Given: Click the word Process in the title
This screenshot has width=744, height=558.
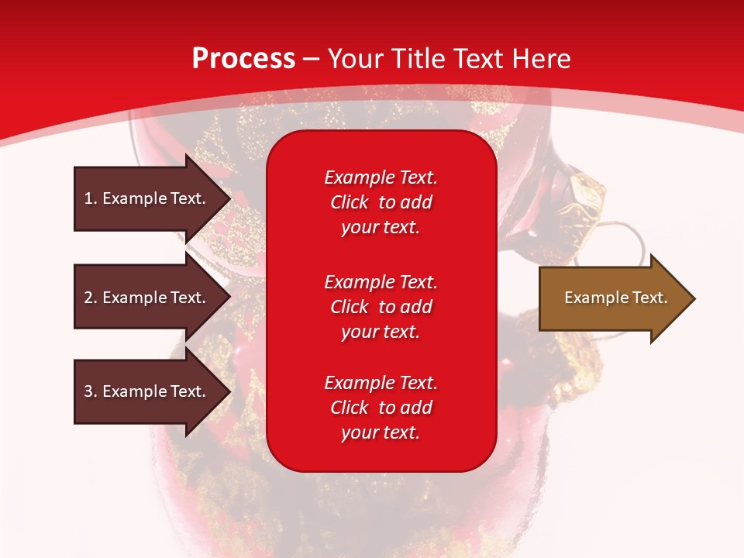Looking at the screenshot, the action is pos(243,59).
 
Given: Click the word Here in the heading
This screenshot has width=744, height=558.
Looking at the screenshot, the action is pos(541,59).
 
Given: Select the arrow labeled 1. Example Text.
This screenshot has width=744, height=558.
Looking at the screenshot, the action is pos(153,198).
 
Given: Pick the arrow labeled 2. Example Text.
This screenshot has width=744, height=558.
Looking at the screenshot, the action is pos(153,297).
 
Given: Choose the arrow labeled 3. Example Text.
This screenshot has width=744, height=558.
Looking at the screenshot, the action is pos(153,391).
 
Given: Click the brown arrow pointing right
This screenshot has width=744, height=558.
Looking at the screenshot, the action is pos(618,298).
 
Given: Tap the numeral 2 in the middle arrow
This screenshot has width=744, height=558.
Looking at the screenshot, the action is pos(89,298).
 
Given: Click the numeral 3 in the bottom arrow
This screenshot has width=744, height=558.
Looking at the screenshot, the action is pos(89,391).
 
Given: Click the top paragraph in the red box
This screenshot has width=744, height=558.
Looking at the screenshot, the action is pos(381,202).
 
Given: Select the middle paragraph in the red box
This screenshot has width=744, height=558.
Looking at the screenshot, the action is pos(381,307).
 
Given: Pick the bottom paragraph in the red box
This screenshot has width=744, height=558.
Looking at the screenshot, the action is pos(381,408).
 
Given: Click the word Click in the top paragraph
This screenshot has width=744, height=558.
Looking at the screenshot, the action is pos(350,202).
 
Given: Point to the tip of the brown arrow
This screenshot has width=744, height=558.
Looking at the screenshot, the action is pos(695,298).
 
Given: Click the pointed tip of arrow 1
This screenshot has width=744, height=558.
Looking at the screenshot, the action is pos(231,198).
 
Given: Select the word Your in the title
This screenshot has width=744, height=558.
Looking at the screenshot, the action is pos(356,59).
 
